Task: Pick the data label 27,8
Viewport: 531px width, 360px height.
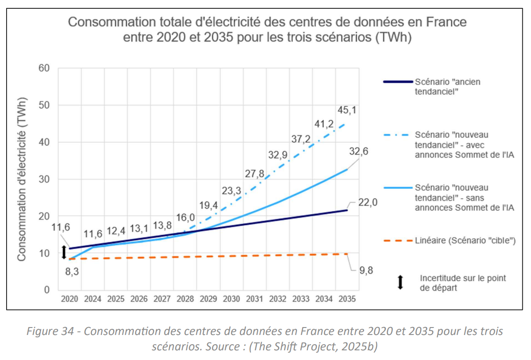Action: pos(255,173)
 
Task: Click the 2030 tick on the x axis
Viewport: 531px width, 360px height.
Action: pos(231,299)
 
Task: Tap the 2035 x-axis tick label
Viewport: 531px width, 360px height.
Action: pos(347,299)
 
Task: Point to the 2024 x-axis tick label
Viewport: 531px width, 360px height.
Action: pos(93,299)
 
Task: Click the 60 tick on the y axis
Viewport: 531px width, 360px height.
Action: pos(44,68)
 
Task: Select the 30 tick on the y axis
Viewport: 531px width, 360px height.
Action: pos(44,179)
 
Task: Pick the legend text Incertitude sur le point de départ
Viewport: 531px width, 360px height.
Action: pos(463,283)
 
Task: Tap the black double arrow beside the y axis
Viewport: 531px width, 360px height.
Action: pos(64,252)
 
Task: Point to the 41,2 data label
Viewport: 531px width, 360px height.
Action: pos(324,124)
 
